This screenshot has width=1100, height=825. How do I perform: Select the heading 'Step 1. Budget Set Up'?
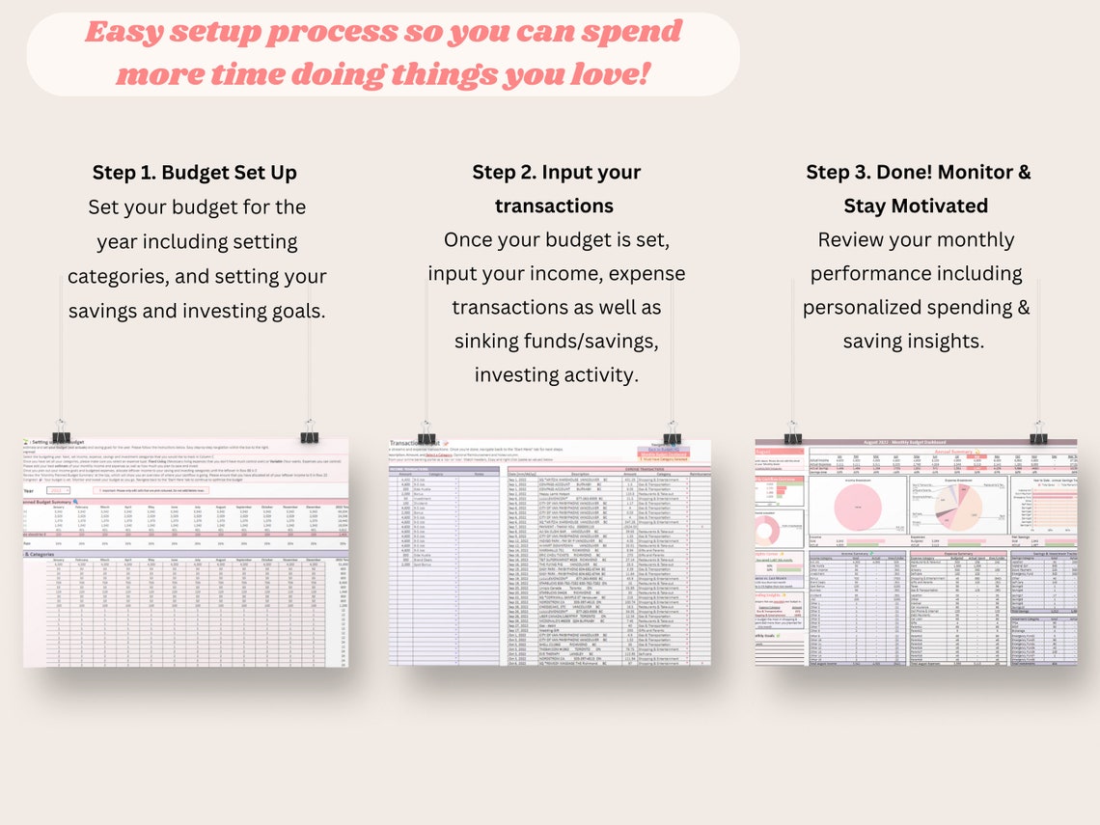[195, 173]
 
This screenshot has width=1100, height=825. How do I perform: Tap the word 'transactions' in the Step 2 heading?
[554, 206]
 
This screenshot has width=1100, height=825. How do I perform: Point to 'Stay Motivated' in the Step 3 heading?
[916, 206]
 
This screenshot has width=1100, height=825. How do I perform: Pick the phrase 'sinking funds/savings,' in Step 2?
[557, 341]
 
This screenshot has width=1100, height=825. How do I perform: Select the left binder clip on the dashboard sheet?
[793, 433]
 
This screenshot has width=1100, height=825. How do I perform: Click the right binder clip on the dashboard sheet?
[1039, 433]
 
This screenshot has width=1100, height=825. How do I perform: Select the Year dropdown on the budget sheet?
[56, 490]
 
